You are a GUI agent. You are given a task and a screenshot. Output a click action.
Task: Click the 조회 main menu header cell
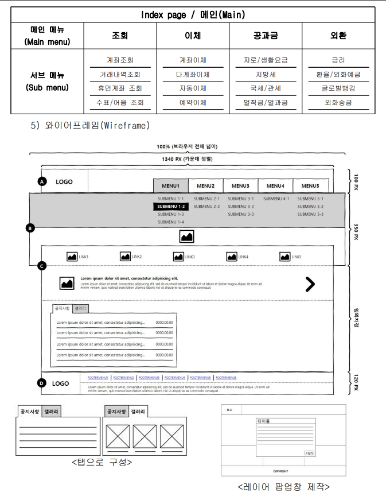(120, 36)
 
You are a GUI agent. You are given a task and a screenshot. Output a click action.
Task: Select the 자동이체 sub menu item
(193, 88)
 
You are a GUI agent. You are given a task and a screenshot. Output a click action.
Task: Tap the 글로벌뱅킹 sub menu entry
(338, 88)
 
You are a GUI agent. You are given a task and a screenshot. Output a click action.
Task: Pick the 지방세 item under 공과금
(266, 74)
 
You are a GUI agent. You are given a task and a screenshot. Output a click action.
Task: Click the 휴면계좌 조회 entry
(120, 88)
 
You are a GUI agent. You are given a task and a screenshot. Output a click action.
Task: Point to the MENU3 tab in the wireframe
(240, 186)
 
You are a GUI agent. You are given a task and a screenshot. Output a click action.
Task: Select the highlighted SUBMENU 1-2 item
(171, 207)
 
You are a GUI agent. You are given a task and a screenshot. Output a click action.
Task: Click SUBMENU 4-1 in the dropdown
(276, 199)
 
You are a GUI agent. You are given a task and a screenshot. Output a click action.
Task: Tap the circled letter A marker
(41, 182)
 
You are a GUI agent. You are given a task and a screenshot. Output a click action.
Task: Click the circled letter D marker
(41, 383)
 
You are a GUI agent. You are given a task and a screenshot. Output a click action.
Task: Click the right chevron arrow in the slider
(310, 284)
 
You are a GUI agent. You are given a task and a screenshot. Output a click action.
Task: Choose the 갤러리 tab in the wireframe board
(80, 308)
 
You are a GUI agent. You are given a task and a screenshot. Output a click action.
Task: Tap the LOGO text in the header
(64, 182)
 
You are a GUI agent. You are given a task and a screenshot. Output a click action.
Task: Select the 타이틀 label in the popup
(263, 421)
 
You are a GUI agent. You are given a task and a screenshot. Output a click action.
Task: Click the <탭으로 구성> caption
(101, 462)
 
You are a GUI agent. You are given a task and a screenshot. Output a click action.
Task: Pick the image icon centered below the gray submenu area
(186, 236)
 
